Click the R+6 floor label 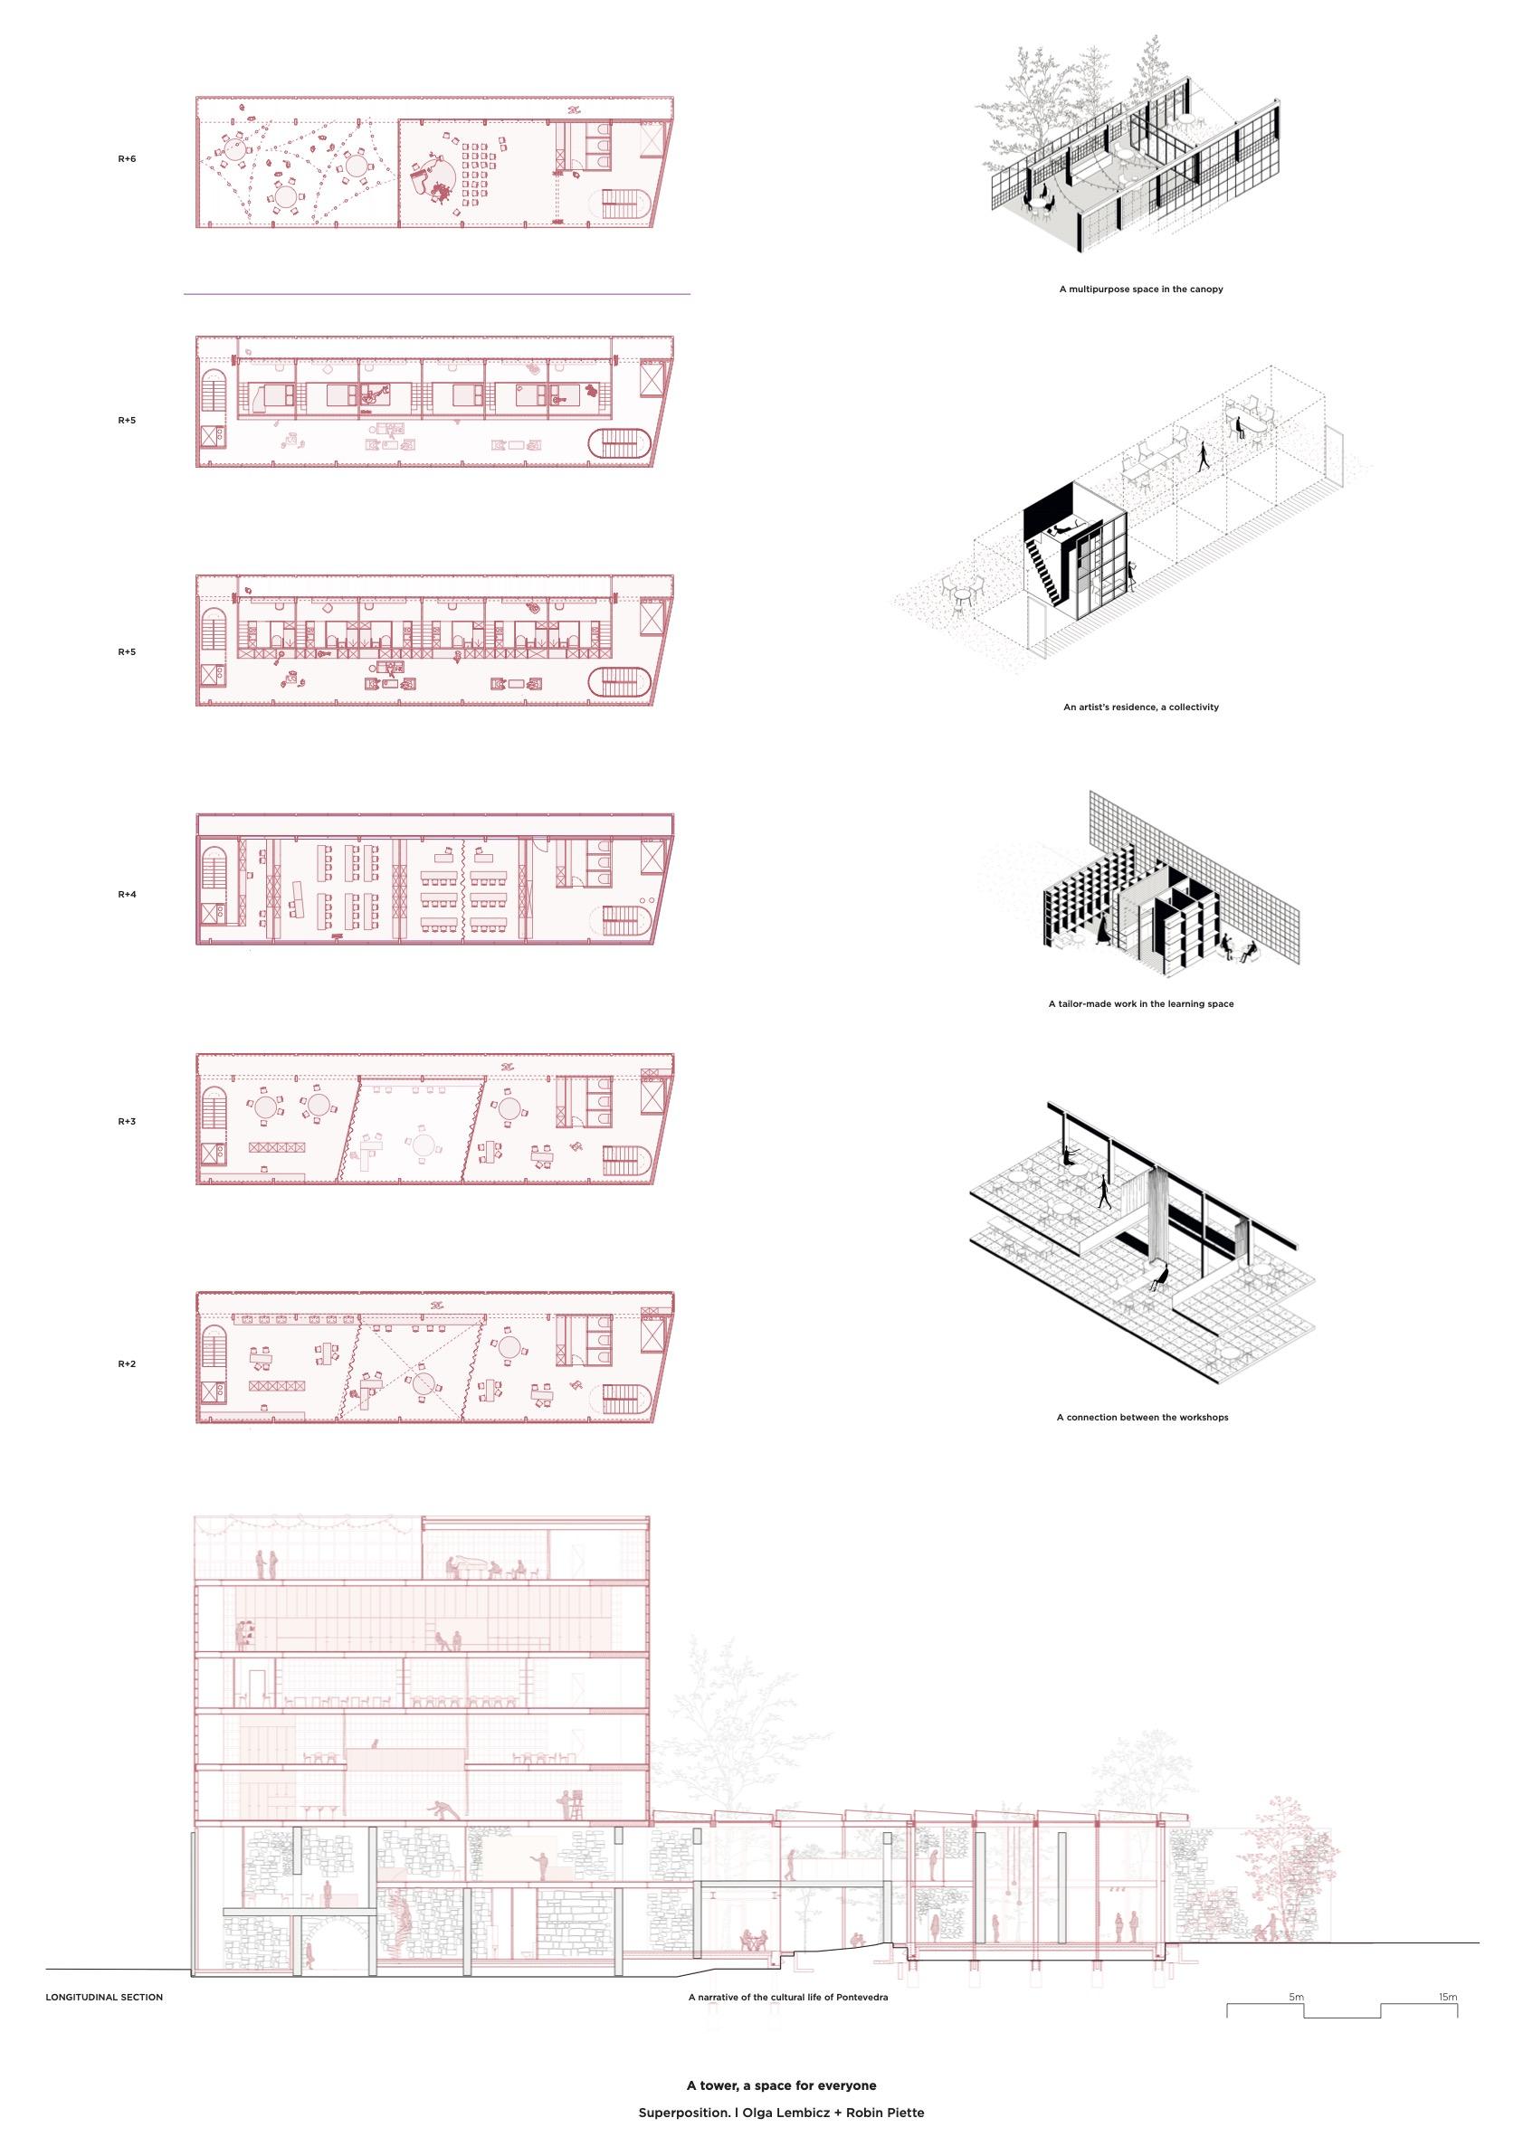[127, 159]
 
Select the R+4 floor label [127, 895]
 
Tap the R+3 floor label [127, 1122]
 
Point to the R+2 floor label [127, 1364]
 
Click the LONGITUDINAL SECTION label [104, 2016]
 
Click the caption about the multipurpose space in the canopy [1141, 290]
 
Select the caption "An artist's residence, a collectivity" [1141, 708]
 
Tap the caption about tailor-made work [1141, 1004]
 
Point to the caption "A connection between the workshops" [1142, 1417]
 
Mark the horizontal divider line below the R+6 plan [438, 295]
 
